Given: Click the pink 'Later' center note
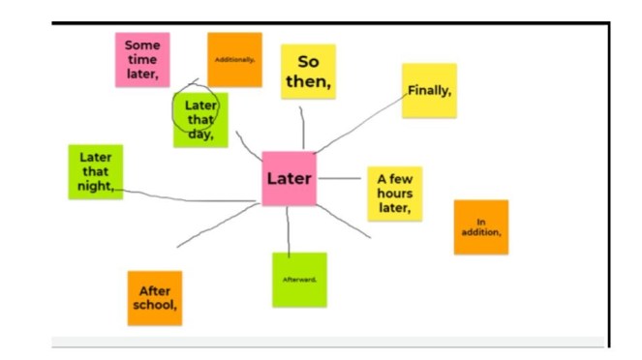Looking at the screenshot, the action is [289, 178].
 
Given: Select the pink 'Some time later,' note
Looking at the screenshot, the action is [142, 60].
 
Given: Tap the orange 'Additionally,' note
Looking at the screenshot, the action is [234, 59].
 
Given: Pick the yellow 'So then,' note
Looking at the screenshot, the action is [308, 72].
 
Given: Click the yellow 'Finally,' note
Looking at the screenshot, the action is [429, 90].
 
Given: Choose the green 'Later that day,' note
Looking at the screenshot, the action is [200, 119].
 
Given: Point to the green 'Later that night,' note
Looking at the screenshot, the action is [95, 171].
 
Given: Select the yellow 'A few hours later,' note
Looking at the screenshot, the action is [394, 193].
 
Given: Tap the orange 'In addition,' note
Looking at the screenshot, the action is [480, 227].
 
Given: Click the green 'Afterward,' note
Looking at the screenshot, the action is [299, 279].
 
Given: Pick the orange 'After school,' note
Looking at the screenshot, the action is [155, 298].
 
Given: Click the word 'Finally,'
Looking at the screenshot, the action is [429, 90].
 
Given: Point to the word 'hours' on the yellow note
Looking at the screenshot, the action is [394, 193].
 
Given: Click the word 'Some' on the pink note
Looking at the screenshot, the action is [142, 45].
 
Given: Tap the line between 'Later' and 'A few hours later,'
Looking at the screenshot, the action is [341, 179].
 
